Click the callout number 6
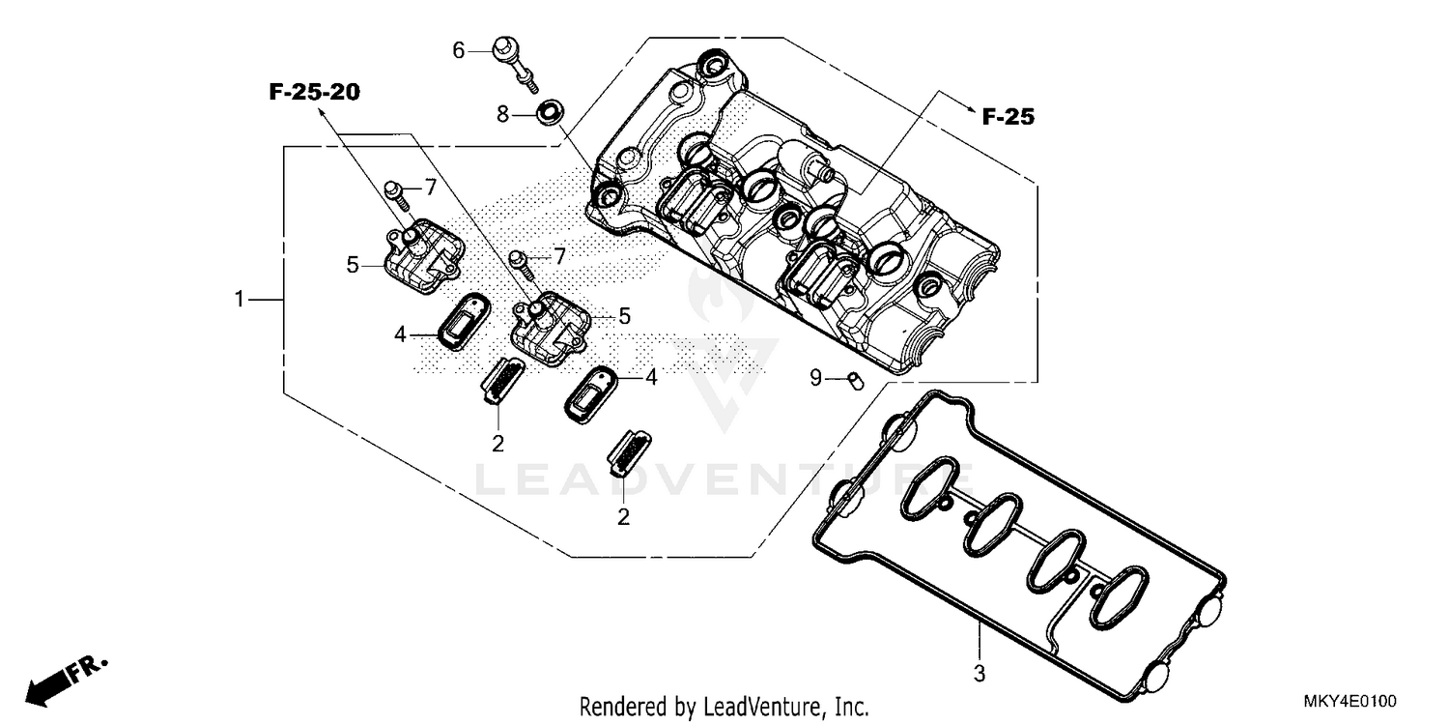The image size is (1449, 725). pyautogui.click(x=459, y=49)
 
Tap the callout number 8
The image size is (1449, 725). pyautogui.click(x=502, y=114)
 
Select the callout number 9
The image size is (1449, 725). pyautogui.click(x=816, y=378)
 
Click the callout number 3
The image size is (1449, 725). pyautogui.click(x=979, y=671)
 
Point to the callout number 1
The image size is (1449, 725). pyautogui.click(x=240, y=300)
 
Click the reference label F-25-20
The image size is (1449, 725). pyautogui.click(x=314, y=93)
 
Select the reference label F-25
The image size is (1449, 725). pyautogui.click(x=1008, y=118)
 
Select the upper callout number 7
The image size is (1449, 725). pyautogui.click(x=431, y=186)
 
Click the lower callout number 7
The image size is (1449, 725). pyautogui.click(x=558, y=256)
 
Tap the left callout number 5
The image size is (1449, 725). pyautogui.click(x=354, y=263)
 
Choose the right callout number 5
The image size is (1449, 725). pyautogui.click(x=624, y=315)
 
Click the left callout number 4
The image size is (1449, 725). pyautogui.click(x=400, y=334)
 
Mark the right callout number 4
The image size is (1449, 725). pyautogui.click(x=651, y=378)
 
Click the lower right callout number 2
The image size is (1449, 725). pyautogui.click(x=624, y=517)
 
